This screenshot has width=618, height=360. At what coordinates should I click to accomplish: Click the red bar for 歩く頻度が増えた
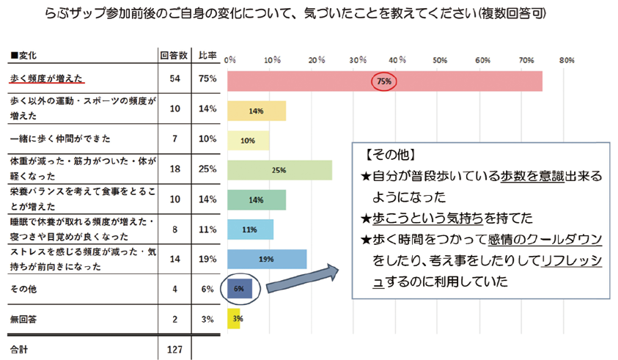385,81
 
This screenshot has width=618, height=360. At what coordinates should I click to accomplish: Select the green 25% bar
279,169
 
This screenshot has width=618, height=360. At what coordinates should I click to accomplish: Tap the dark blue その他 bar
240,289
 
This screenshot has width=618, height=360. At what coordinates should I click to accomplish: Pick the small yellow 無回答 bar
234,319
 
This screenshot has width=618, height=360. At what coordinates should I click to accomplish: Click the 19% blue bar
267,259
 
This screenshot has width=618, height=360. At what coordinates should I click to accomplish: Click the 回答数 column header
174,56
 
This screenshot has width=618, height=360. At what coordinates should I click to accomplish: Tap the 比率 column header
207,56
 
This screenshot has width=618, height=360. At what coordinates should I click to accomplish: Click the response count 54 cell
174,79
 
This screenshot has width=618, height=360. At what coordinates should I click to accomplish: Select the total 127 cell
174,348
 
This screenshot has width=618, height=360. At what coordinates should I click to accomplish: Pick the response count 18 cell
174,169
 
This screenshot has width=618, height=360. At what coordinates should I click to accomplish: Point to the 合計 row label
18,348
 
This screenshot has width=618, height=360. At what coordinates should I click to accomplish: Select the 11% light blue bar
250,229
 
